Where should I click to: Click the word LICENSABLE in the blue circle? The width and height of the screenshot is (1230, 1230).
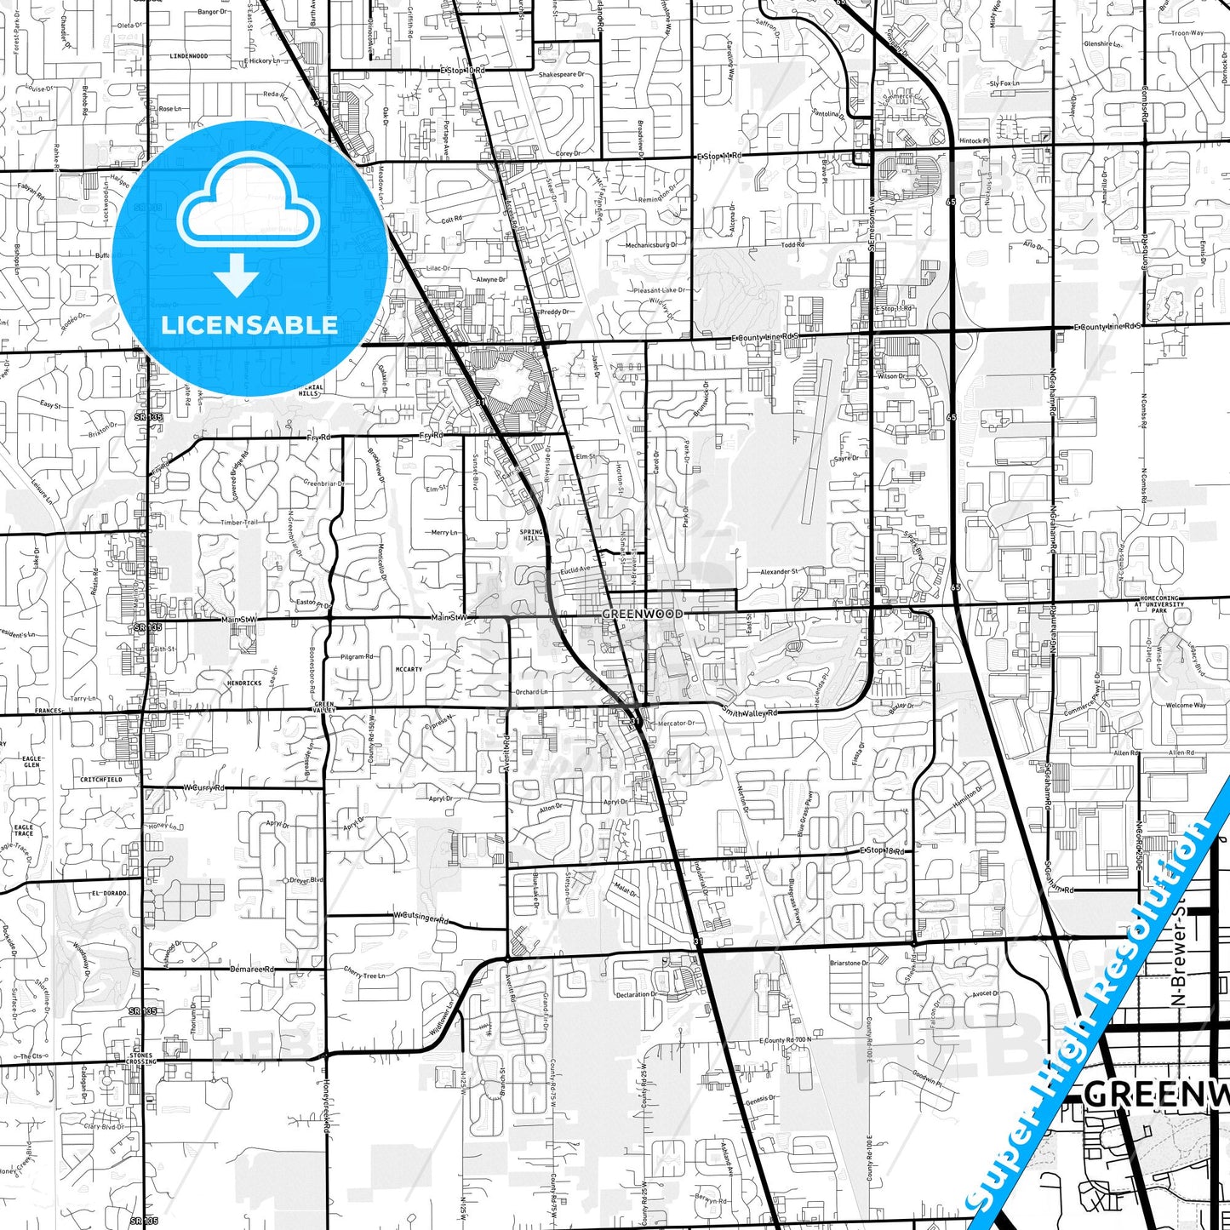(x=249, y=325)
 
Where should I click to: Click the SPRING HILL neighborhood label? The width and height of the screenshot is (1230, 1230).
(x=530, y=535)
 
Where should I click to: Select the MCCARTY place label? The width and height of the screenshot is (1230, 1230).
(x=409, y=670)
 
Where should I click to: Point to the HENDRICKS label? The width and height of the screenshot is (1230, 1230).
(x=244, y=684)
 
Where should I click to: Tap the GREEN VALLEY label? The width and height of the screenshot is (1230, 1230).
(x=324, y=707)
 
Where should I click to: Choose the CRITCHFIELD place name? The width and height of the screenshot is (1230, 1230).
(x=101, y=780)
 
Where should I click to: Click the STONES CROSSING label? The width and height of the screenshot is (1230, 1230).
(x=141, y=1059)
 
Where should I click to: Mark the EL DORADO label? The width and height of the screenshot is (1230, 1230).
(x=109, y=894)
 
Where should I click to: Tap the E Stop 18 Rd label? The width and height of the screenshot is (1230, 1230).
(x=881, y=850)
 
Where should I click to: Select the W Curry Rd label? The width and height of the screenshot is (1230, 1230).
(x=204, y=788)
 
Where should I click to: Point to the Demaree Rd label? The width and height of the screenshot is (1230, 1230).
(x=253, y=969)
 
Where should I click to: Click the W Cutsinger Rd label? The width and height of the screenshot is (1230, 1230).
(x=420, y=918)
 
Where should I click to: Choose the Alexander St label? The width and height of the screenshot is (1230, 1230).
(x=779, y=572)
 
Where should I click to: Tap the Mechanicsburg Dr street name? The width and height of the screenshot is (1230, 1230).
(x=651, y=245)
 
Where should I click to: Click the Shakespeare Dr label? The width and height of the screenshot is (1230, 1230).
(x=562, y=75)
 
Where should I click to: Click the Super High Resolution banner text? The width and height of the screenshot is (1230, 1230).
(x=1098, y=1004)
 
